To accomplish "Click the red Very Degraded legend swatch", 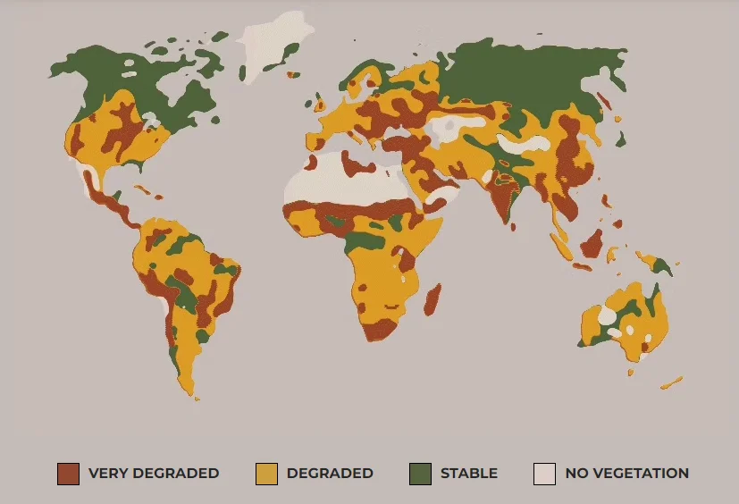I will [x=68, y=474].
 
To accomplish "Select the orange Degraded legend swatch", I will [x=266, y=474].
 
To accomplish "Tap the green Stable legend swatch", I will [x=420, y=474].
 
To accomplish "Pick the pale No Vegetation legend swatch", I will [x=544, y=474].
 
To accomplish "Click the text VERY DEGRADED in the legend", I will [x=153, y=474].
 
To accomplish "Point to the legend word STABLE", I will [x=468, y=474].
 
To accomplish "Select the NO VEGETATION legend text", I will [x=626, y=474].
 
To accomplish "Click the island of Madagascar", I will [x=432, y=300].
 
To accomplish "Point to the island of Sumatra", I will [x=560, y=241].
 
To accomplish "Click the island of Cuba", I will [x=145, y=190].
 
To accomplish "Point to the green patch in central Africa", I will [x=362, y=239].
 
